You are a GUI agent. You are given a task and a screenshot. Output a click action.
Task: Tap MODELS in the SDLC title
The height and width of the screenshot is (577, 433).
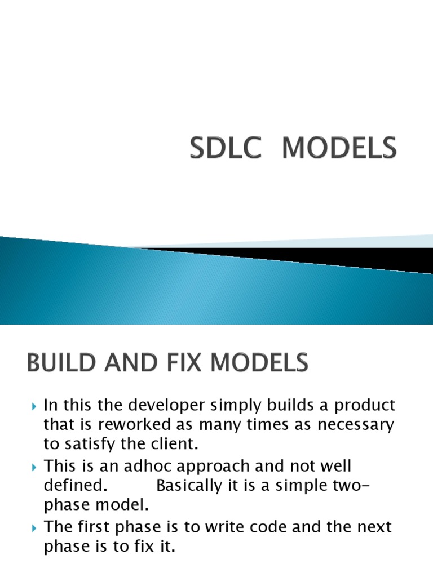pyautogui.click(x=339, y=149)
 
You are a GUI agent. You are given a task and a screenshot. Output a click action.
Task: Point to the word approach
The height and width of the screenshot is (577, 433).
pyautogui.click(x=220, y=467)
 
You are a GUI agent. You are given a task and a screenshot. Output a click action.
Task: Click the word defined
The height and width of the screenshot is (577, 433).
pyautogui.click(x=72, y=485)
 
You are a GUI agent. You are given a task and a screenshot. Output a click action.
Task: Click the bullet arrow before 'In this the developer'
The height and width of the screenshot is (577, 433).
pyautogui.click(x=34, y=406)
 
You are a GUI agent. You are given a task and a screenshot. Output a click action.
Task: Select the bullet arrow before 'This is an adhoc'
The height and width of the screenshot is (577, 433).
pyautogui.click(x=34, y=467)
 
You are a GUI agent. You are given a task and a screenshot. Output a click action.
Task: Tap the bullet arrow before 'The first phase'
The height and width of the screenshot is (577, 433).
pyautogui.click(x=34, y=528)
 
